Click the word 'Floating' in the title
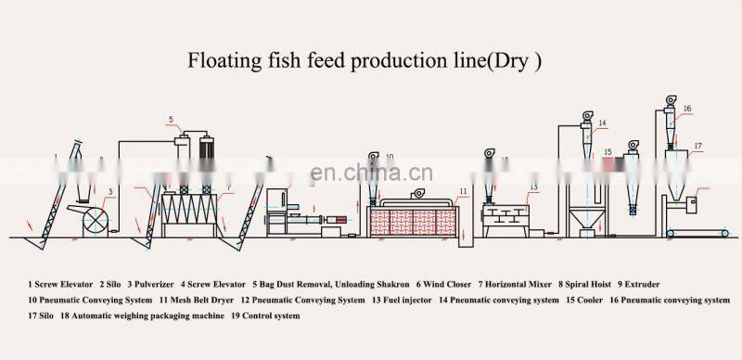[221, 63]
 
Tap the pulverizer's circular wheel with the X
[94, 220]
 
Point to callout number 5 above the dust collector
[171, 120]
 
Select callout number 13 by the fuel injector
[533, 187]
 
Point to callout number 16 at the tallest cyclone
[687, 109]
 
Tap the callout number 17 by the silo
[697, 146]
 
